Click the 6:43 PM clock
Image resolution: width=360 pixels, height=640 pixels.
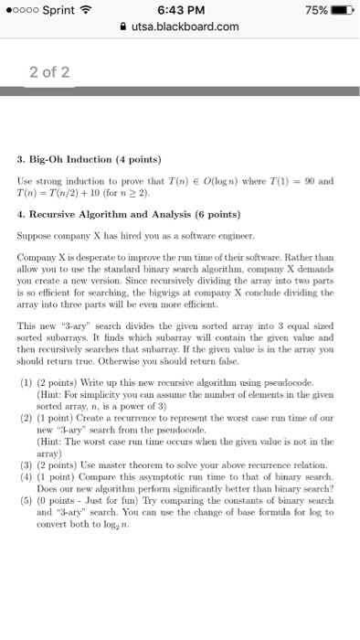tap(181, 10)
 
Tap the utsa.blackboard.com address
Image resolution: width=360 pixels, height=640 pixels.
tap(186, 28)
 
